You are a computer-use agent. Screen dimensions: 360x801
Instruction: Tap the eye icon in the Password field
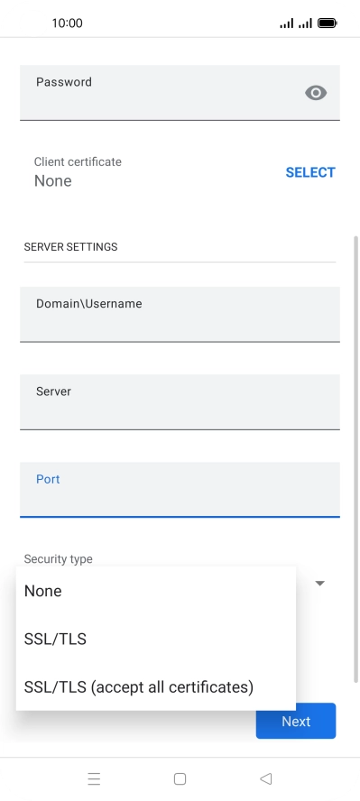[315, 92]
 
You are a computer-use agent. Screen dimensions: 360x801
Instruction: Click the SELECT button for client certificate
[309, 172]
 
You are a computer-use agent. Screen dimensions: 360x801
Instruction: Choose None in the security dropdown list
[43, 591]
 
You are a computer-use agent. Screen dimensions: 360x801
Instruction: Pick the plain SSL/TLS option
[55, 639]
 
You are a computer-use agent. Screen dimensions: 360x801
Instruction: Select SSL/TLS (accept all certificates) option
[139, 686]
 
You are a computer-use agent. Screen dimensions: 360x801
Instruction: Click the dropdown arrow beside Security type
[319, 584]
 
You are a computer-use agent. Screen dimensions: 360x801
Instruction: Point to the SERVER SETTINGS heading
[70, 246]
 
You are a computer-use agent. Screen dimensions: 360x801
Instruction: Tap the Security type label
[58, 559]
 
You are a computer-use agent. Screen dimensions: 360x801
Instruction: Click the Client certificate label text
[78, 161]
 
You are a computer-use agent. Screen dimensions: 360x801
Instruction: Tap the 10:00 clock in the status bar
[68, 23]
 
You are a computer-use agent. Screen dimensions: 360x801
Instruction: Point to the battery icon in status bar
[328, 23]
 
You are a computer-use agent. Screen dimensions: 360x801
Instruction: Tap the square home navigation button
[180, 778]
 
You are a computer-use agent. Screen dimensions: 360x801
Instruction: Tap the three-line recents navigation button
[94, 778]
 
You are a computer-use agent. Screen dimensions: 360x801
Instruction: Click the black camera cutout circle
[33, 23]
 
